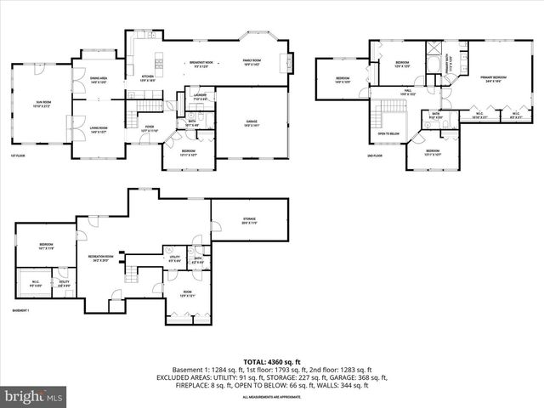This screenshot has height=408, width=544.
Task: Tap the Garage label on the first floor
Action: pyautogui.click(x=252, y=122)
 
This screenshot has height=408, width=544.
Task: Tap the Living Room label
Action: pyautogui.click(x=98, y=130)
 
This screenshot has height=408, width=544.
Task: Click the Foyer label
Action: pyautogui.click(x=149, y=128)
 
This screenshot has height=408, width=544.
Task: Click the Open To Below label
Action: pyautogui.click(x=389, y=133)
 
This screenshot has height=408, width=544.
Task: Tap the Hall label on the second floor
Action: pyautogui.click(x=408, y=91)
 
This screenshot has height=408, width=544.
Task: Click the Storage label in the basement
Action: pyautogui.click(x=248, y=219)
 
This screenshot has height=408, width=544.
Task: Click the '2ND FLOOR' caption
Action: pyautogui.click(x=375, y=156)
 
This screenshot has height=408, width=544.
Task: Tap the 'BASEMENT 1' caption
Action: pyautogui.click(x=21, y=311)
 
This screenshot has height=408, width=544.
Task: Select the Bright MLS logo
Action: pyautogui.click(x=34, y=396)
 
